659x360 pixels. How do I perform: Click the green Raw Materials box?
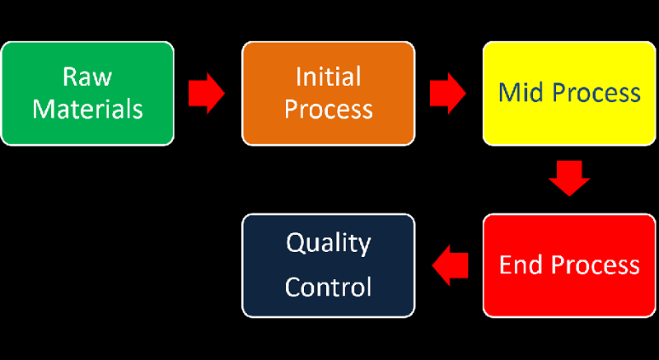pos(87,93)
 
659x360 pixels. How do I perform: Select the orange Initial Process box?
pos(328,93)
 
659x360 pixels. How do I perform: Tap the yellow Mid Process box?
pos(569,93)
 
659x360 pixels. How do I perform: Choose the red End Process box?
pos(569,265)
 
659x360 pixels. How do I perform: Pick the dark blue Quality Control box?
pos(328,265)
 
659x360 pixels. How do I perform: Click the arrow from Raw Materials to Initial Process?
pos(207,93)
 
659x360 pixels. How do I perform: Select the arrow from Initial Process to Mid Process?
pos(448,93)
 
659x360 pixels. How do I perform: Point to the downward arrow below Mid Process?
pos(569,178)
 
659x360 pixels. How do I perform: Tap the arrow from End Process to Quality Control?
pos(450,265)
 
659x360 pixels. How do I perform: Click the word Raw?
pos(87,77)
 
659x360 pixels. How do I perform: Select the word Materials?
pos(87,109)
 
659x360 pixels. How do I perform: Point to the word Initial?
pos(328,77)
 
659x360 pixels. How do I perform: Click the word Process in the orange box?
pos(328,109)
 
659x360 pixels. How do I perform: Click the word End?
pos(521,265)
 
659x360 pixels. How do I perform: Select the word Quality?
pos(328,244)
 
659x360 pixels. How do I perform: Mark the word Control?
pos(328,287)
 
